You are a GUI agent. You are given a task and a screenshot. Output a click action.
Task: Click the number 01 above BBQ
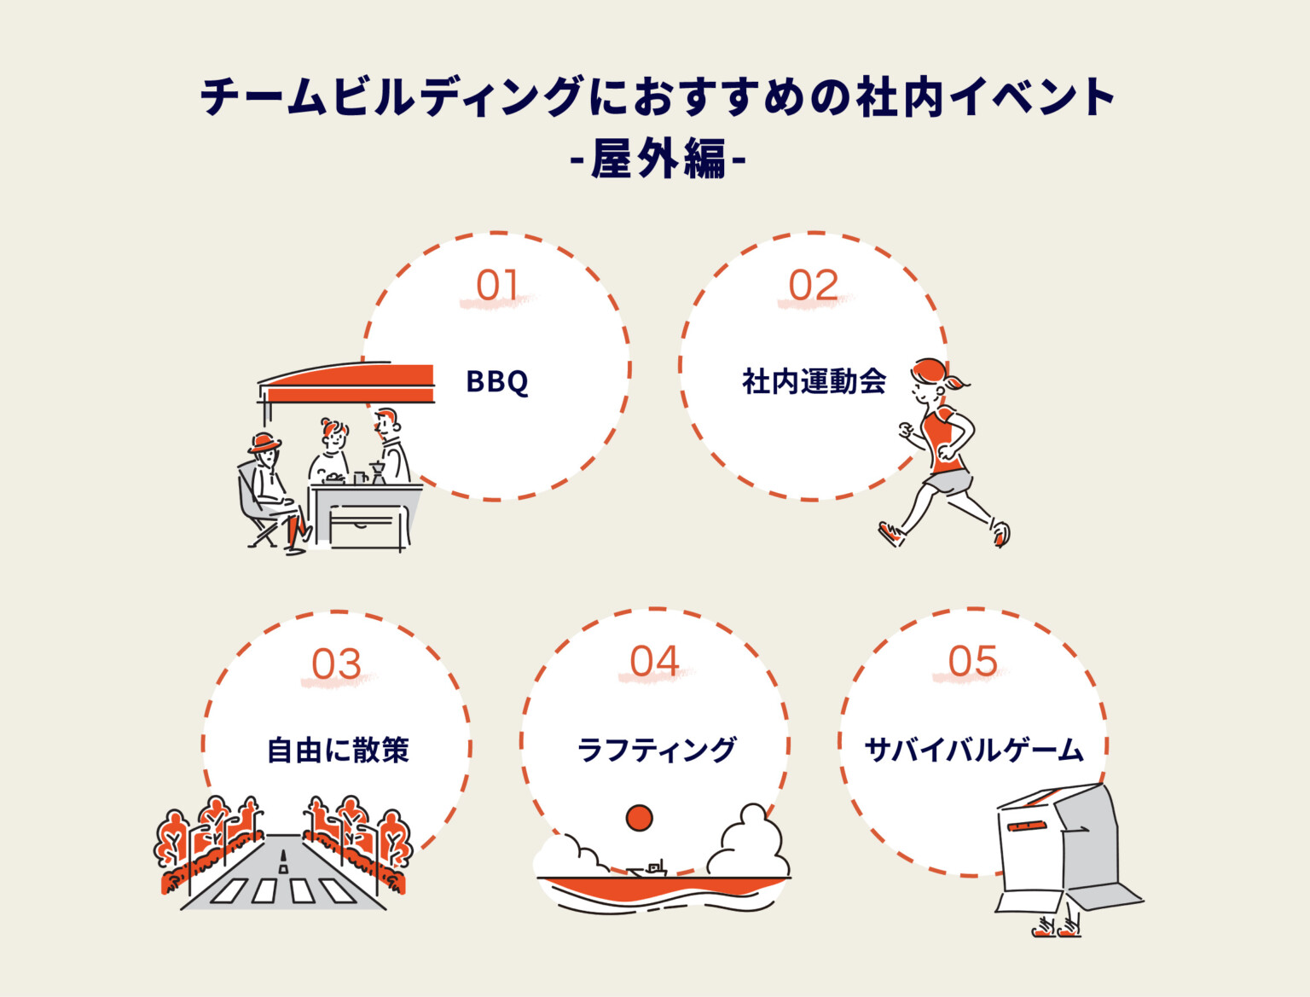click(496, 286)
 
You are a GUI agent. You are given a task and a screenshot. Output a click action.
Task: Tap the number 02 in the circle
click(813, 286)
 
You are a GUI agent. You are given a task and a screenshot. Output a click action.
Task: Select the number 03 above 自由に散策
click(336, 664)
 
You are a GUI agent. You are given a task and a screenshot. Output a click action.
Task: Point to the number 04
click(654, 662)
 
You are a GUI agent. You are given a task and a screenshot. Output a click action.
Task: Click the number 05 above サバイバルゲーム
click(972, 662)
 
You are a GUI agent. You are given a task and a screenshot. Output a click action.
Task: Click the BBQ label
click(497, 381)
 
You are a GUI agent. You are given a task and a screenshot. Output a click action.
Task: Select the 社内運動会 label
click(814, 381)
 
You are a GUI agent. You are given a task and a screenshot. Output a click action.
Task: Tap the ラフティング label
click(655, 750)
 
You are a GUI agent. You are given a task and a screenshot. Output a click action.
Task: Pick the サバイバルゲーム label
click(973, 750)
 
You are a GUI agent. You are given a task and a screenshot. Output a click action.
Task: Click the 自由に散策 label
click(338, 751)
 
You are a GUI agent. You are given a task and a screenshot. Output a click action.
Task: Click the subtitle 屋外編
click(657, 158)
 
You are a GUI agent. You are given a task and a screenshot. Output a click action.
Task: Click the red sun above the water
click(639, 818)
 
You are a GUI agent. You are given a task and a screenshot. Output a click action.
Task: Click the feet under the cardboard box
click(1058, 928)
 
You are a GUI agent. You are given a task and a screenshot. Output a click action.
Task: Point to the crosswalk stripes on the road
click(282, 890)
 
